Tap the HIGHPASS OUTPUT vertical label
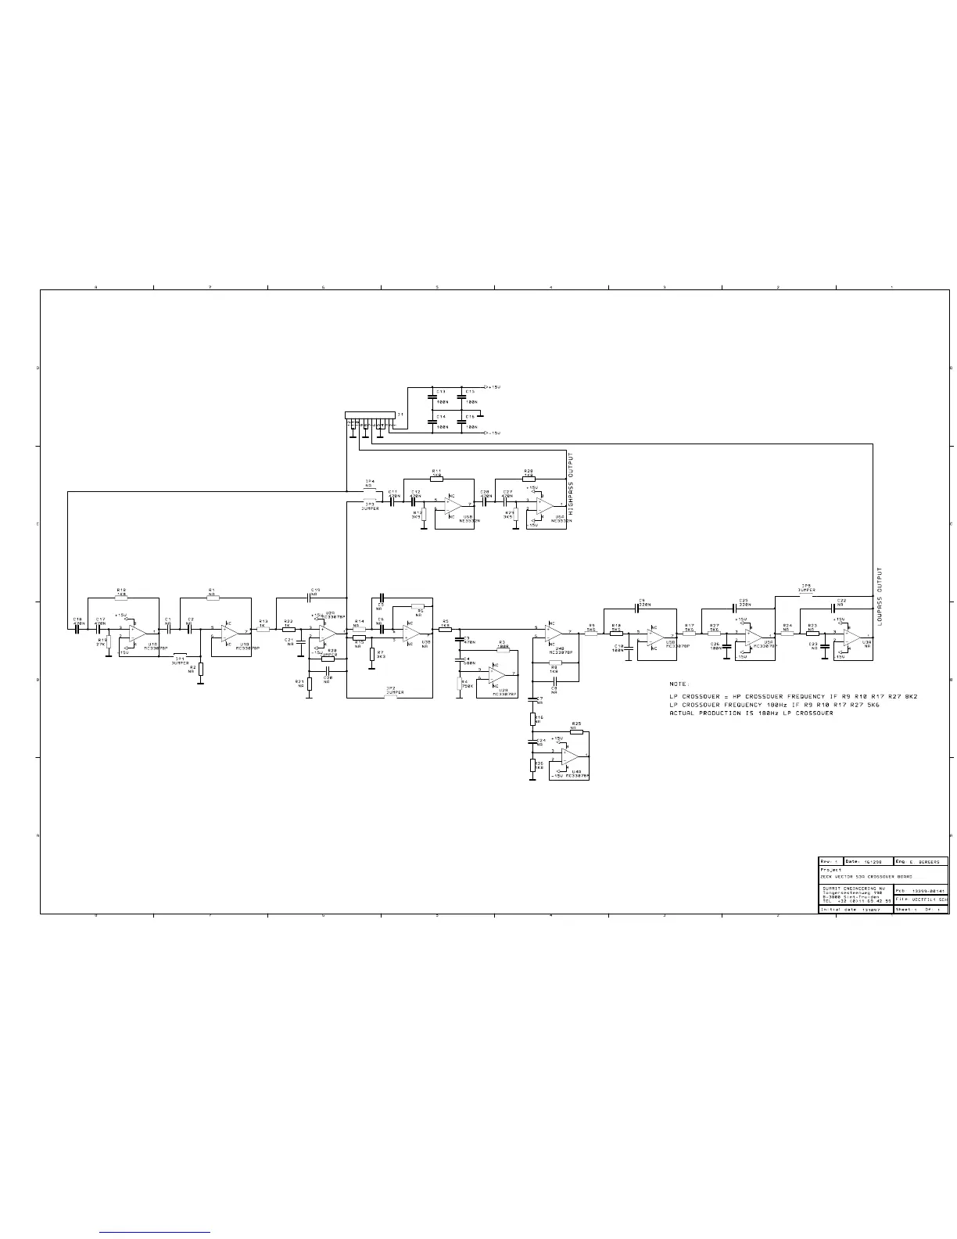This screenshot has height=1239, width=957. (572, 478)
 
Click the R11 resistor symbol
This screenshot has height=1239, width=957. (436, 478)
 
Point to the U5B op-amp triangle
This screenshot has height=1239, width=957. (453, 507)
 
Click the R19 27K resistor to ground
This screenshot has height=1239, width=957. (109, 643)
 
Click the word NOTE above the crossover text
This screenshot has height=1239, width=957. (679, 684)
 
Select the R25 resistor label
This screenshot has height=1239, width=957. (576, 724)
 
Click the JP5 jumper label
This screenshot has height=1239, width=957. (806, 587)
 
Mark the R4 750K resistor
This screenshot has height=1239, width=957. (460, 683)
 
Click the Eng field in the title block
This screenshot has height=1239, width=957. (921, 861)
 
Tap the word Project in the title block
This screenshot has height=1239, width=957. (831, 869)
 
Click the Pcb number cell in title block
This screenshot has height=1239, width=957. (921, 890)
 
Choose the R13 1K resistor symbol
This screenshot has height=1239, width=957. (263, 629)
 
